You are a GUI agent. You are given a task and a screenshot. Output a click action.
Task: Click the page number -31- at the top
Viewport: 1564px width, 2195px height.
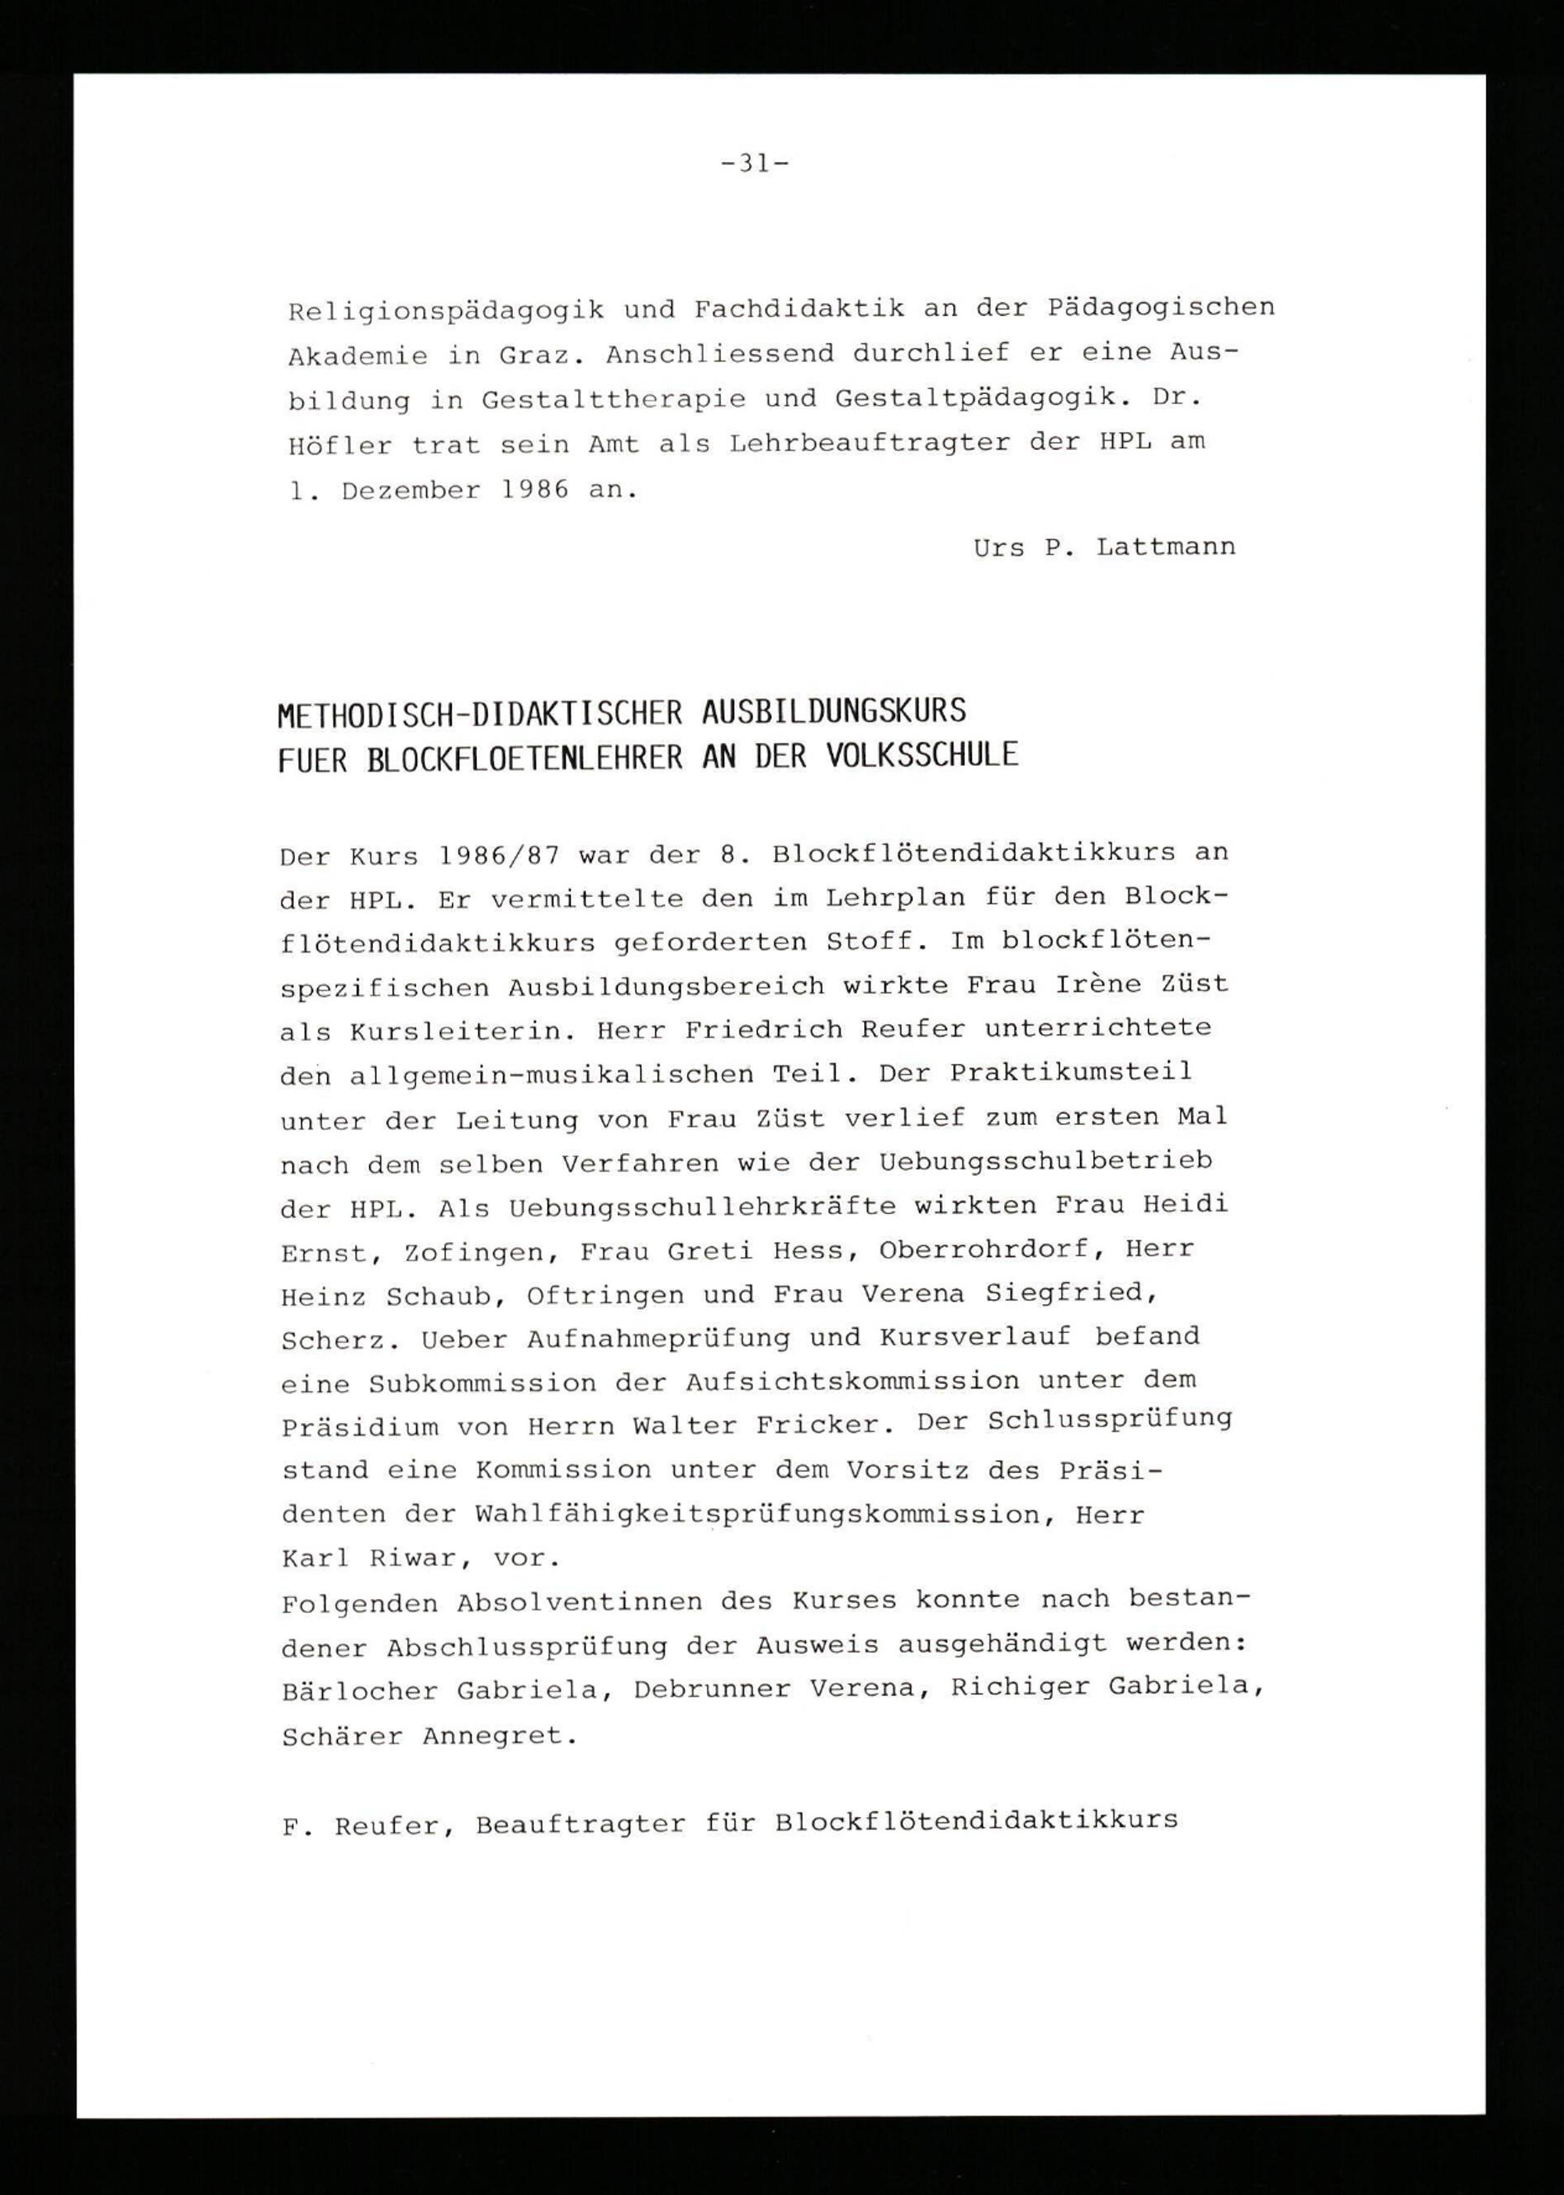click(755, 163)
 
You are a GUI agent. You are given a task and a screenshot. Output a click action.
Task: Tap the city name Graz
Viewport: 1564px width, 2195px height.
click(541, 354)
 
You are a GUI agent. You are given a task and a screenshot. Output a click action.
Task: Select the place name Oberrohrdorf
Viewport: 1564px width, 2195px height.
click(987, 1250)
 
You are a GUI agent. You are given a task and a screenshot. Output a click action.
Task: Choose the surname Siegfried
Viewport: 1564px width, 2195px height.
click(1070, 1295)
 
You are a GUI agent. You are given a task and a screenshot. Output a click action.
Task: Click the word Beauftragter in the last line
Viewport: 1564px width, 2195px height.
click(581, 1823)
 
